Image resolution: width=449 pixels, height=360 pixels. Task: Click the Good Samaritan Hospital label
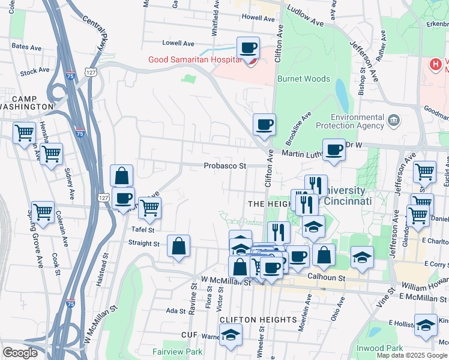tap(195, 59)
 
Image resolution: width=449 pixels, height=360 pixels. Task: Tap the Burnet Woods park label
tap(303, 79)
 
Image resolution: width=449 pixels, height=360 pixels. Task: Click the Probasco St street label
tap(225, 166)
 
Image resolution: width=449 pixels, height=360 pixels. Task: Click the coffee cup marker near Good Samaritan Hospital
tap(247, 48)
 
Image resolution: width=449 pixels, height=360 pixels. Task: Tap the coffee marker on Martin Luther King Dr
tap(334, 150)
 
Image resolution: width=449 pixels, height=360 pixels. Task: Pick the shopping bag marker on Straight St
tap(179, 246)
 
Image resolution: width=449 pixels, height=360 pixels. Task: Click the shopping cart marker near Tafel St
tap(149, 208)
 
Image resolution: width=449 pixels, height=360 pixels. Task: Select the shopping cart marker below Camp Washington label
tap(24, 133)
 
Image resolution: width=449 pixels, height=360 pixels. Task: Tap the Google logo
tap(20, 353)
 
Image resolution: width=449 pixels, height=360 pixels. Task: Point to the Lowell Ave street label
tap(178, 43)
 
